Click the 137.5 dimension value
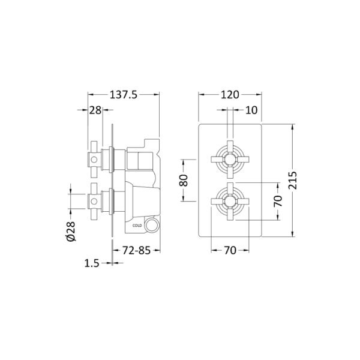pos(124,95)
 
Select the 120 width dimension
pos(230,95)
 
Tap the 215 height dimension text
pos(293,181)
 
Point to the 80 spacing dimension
pos(184,180)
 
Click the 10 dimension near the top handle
pos(251,110)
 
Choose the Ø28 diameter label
pos(71,231)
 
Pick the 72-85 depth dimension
pos(136,250)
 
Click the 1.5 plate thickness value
pos(92,263)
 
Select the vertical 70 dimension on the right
pos(278,201)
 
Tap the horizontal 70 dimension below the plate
pos(230,250)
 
